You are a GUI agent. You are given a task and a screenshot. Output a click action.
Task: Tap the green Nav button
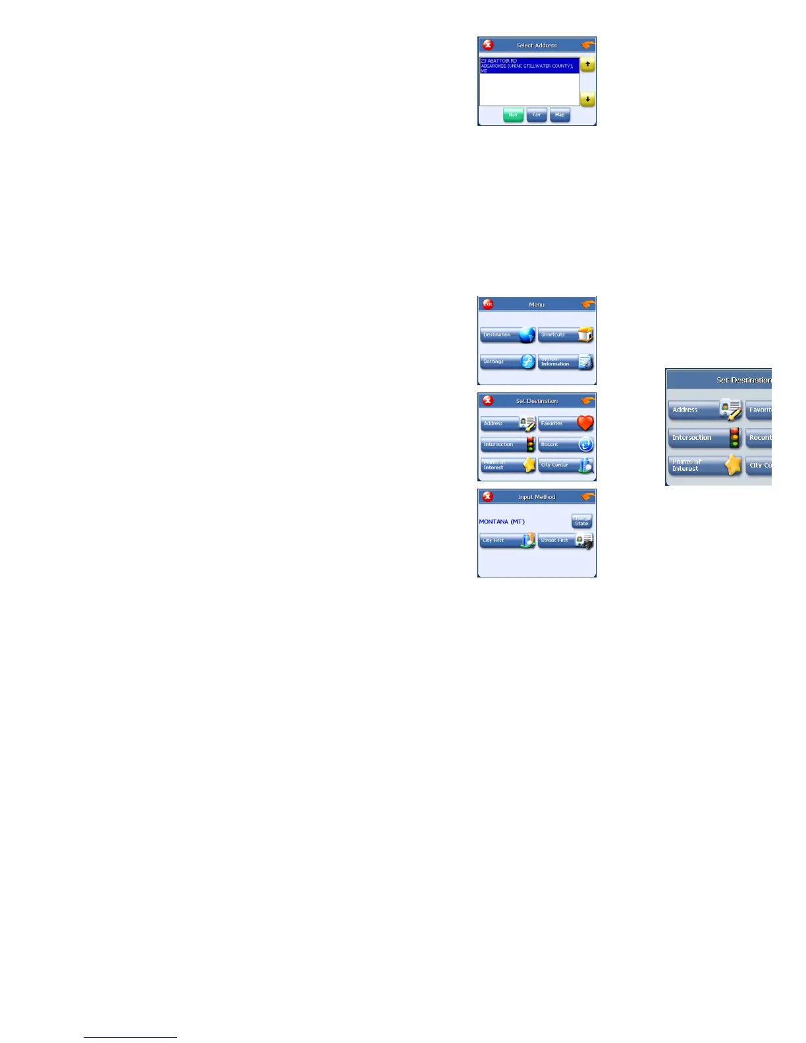click(x=513, y=115)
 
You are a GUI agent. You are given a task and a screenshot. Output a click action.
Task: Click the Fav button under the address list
click(x=537, y=115)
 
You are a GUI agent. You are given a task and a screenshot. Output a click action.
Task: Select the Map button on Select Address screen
click(x=560, y=115)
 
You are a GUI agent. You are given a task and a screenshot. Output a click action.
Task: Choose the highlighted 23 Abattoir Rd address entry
click(x=529, y=65)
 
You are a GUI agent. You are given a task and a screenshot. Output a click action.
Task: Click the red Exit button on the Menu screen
click(x=487, y=304)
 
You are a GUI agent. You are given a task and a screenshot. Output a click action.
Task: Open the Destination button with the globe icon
click(x=508, y=334)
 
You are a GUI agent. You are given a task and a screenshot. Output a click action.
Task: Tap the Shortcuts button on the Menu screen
click(x=566, y=334)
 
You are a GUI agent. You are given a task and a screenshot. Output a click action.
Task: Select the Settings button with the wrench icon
click(x=508, y=361)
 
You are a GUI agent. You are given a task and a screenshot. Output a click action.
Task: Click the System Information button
click(x=566, y=361)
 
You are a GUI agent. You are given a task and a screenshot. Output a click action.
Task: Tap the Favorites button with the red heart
click(x=566, y=423)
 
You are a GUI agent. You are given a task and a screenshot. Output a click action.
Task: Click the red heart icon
click(x=585, y=423)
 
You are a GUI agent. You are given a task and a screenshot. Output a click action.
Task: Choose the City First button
click(x=508, y=541)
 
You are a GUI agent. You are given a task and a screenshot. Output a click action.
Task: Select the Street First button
click(x=566, y=541)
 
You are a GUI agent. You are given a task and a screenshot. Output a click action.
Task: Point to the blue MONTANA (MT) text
click(x=502, y=521)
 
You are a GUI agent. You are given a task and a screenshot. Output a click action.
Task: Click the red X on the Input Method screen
click(x=487, y=496)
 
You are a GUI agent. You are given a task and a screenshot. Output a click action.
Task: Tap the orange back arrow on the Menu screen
click(x=587, y=304)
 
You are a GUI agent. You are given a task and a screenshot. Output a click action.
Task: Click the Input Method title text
click(x=537, y=497)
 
